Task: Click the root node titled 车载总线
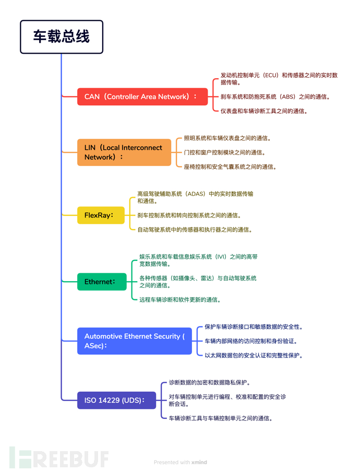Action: (x=62, y=37)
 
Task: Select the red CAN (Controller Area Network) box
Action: (x=142, y=96)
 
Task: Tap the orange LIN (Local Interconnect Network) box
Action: (x=124, y=152)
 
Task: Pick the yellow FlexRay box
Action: (x=101, y=215)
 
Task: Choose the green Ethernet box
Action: (x=101, y=282)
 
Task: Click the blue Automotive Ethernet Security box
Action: (x=134, y=341)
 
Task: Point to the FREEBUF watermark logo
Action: (x=58, y=457)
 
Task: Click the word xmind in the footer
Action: (x=199, y=462)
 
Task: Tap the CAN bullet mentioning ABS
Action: (x=275, y=96)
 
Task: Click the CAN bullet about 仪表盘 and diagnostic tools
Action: (x=263, y=111)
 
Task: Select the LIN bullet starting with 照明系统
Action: (x=227, y=138)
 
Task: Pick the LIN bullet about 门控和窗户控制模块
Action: (x=224, y=152)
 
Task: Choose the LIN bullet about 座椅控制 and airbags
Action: (x=230, y=167)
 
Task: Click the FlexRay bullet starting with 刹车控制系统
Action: (x=189, y=215)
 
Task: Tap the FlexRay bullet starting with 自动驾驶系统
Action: (x=195, y=229)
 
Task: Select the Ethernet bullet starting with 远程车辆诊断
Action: (x=179, y=300)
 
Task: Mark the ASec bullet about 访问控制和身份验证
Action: (x=250, y=341)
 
